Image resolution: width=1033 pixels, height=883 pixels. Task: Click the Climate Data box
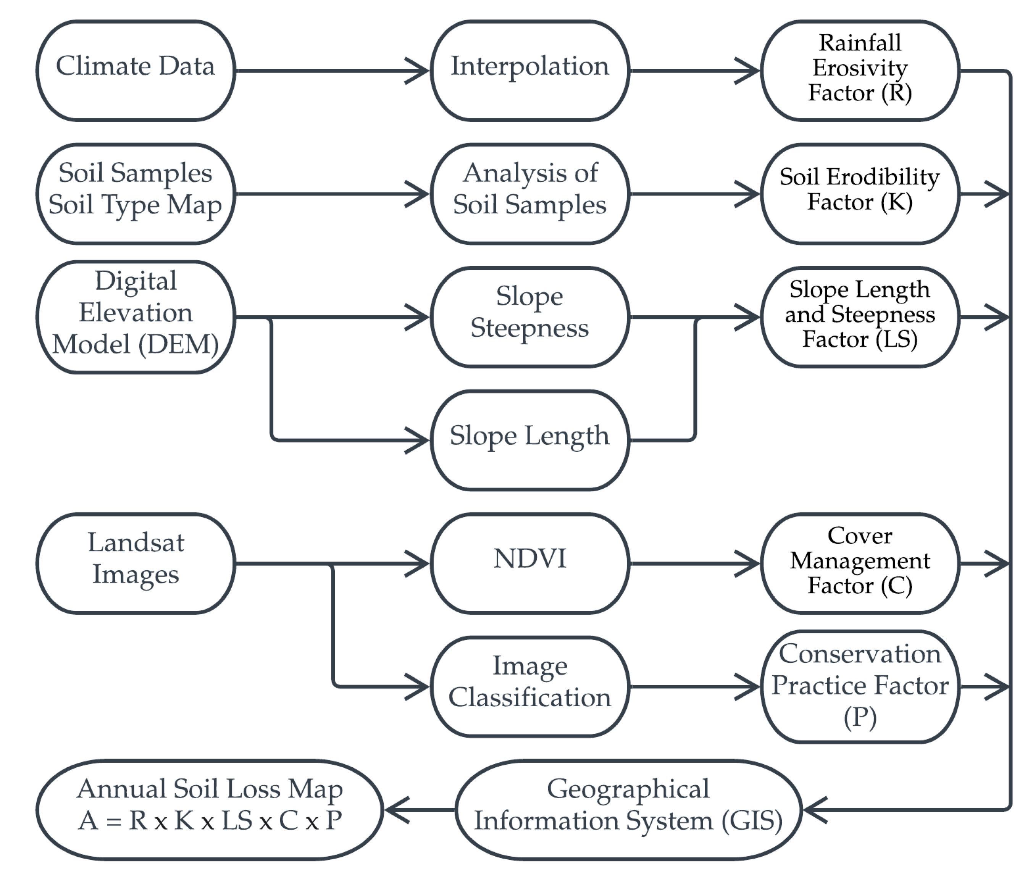136,70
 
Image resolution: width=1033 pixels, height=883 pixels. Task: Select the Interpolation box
529,70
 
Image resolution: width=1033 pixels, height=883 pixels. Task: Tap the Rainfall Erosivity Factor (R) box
860,70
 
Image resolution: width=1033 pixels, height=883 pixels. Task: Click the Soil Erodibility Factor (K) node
860,194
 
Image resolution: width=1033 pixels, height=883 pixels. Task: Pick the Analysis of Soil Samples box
529,194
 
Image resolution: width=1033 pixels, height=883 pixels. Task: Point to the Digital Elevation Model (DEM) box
136,316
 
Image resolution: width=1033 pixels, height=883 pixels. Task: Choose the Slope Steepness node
529,316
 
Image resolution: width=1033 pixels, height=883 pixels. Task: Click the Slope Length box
529,440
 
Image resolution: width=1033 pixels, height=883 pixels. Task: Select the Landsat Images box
136,563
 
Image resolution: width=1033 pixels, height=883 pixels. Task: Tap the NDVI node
529,563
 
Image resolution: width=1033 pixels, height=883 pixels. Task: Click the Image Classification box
529,686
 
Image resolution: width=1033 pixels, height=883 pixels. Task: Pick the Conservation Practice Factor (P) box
860,686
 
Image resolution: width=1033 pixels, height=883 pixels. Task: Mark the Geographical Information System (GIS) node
628,810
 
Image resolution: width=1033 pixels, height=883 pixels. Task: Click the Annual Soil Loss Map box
210,810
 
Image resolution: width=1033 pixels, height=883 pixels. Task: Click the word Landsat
136,543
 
